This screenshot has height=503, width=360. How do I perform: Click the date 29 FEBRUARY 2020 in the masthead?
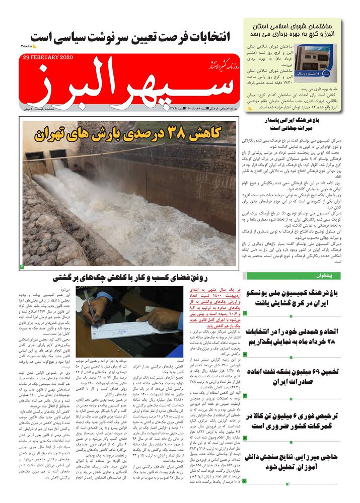click(x=48, y=57)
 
